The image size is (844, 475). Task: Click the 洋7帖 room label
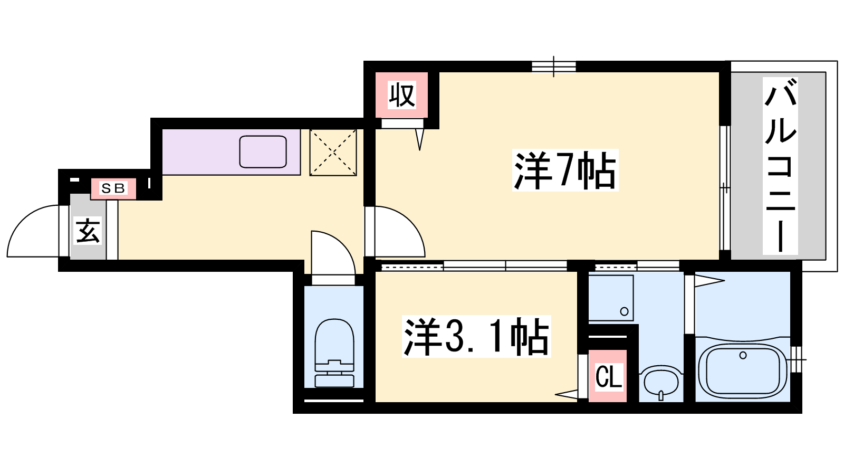point(565,170)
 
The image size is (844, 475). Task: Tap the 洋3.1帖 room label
point(476,336)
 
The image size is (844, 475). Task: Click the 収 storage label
point(402,95)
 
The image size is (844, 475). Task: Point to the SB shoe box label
point(113,188)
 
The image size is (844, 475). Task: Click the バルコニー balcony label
point(780,166)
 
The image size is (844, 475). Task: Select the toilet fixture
point(334,353)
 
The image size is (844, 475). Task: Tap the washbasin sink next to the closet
point(661,382)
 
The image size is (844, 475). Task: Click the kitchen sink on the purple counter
point(263,151)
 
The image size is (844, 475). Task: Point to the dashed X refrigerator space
point(333,153)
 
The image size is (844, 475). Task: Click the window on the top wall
point(553,66)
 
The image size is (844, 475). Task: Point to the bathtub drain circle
point(743,355)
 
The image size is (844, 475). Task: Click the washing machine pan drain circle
point(624,311)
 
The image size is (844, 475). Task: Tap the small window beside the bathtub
point(797,359)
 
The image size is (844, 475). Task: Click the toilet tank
point(334,381)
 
